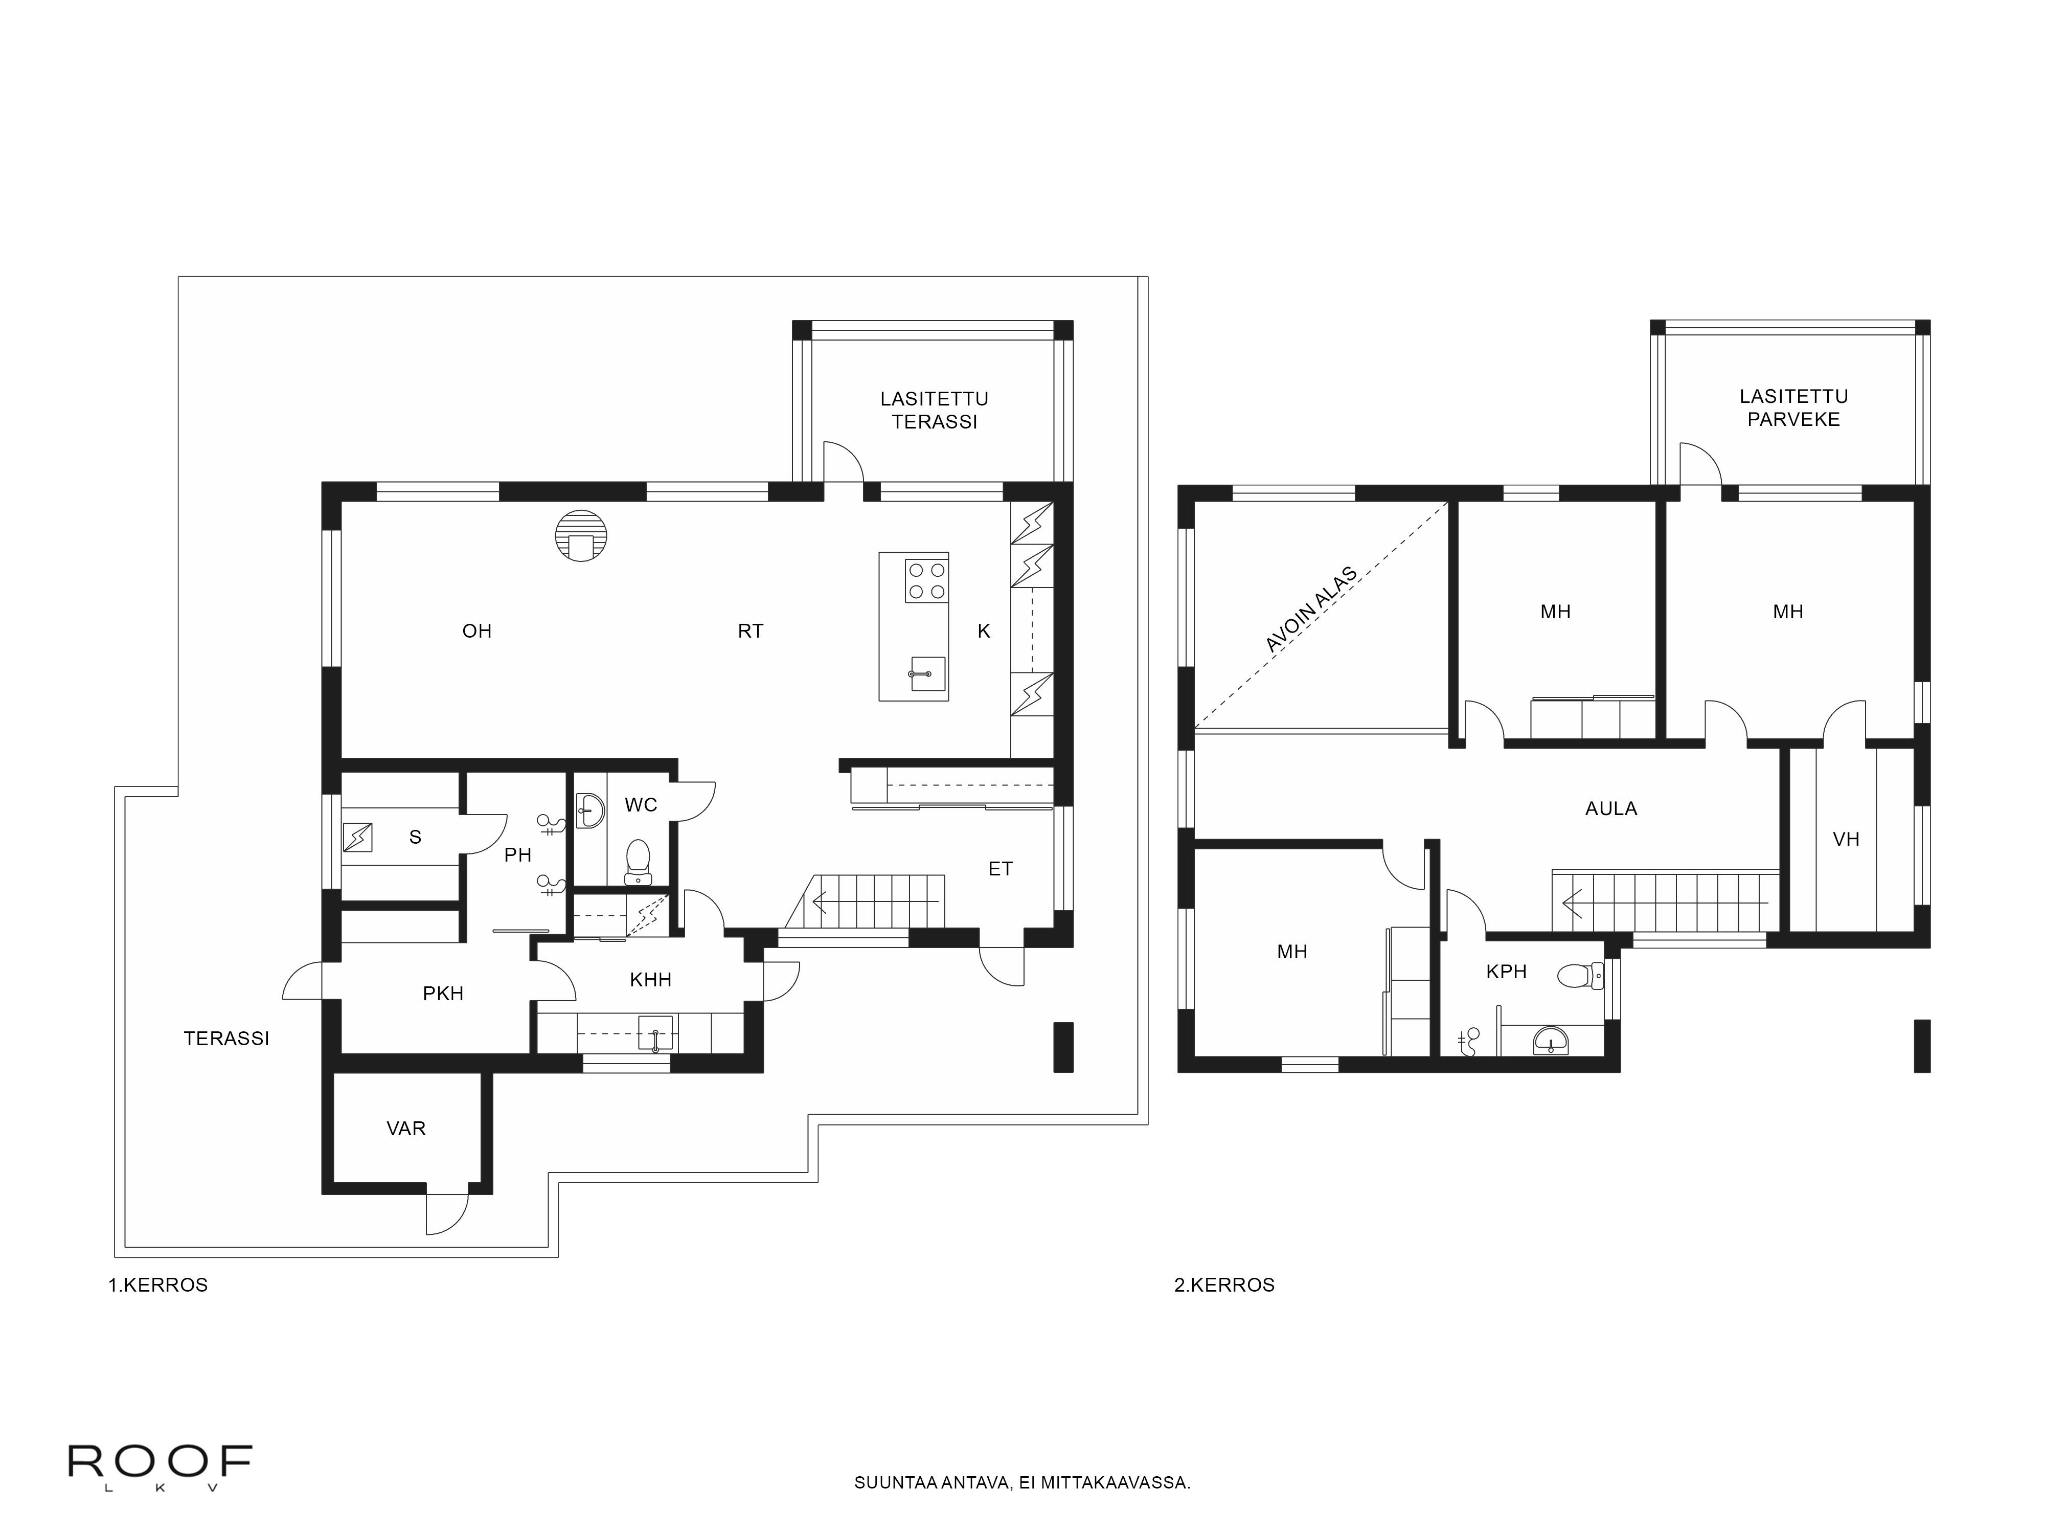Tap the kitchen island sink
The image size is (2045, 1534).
(925, 673)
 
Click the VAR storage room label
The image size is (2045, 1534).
(406, 1128)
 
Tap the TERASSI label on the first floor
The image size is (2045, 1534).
(226, 1039)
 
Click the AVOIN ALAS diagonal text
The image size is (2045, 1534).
(1311, 610)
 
